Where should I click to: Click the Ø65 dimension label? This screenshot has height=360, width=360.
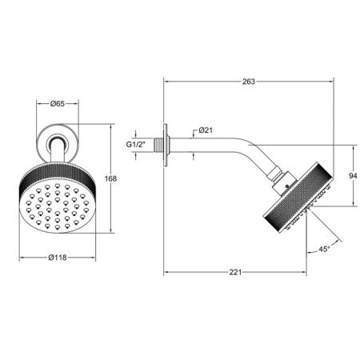coord(58,103)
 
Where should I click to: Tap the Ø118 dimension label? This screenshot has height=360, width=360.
coord(58,258)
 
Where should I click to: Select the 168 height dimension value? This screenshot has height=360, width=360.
coord(110,178)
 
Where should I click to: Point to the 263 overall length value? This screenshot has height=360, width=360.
coord(249,82)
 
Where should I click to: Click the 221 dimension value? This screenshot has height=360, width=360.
coord(235,272)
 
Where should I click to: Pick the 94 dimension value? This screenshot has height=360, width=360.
coord(353,176)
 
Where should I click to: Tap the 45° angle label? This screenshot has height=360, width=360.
coord(324,250)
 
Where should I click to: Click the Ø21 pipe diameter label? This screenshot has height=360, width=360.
coord(206,130)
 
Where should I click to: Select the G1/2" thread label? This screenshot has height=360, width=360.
coord(135,145)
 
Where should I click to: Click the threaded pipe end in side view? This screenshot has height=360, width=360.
coord(158,145)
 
